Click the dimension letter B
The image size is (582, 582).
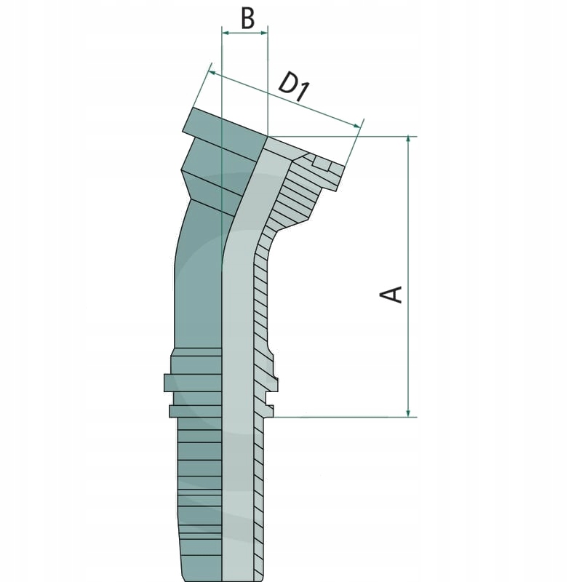248,18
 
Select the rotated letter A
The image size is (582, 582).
392,294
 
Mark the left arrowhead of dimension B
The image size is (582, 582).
225,33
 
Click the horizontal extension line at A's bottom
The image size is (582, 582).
342,418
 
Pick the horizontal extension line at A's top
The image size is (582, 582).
342,136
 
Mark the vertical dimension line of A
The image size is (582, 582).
410,218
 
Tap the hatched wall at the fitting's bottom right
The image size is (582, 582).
258,509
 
